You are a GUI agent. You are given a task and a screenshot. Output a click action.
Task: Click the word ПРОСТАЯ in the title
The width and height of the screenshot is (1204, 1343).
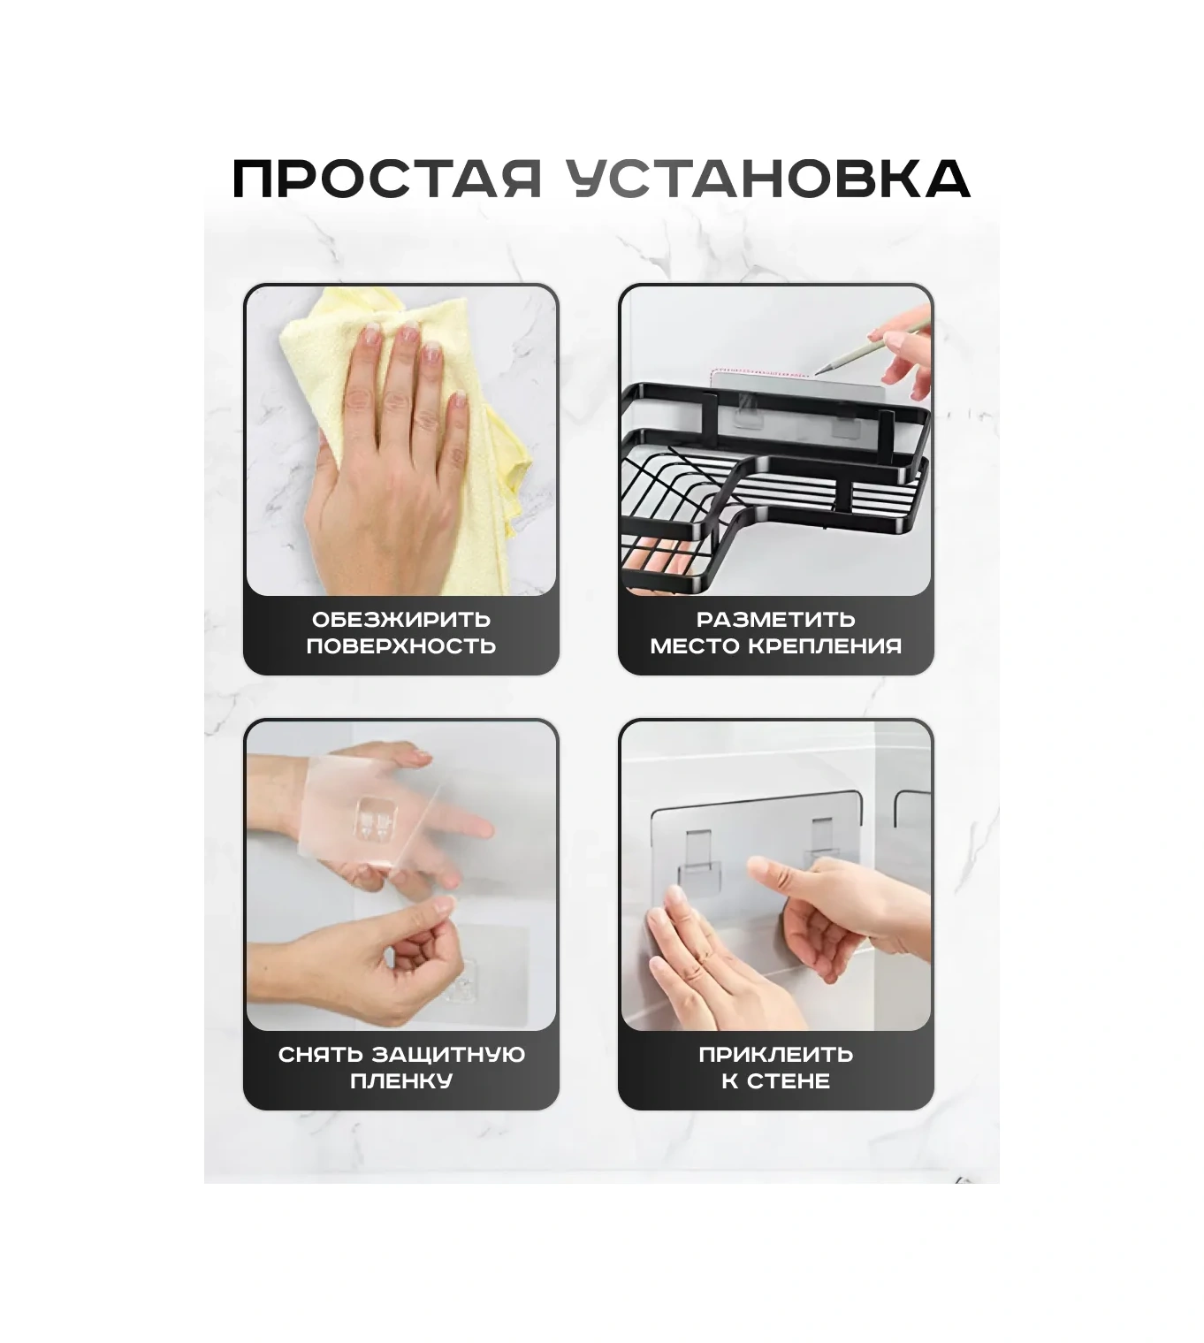[x=387, y=179]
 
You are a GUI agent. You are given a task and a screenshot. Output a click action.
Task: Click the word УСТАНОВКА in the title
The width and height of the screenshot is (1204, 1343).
[x=768, y=179]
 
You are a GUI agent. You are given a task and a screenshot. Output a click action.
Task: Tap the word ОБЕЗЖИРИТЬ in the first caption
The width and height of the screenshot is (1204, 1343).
[x=401, y=619]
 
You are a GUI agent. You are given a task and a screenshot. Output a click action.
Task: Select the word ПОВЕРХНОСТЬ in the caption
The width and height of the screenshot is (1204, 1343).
[x=401, y=646]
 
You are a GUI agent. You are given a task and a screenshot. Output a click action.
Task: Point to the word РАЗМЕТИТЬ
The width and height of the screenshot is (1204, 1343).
[x=775, y=619]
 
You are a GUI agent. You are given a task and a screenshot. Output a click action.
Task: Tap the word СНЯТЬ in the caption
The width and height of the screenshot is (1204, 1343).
[x=320, y=1054]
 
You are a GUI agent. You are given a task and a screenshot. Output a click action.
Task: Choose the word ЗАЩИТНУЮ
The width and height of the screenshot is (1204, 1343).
[x=448, y=1054]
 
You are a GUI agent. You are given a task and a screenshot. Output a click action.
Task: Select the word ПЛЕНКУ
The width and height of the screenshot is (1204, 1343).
[x=401, y=1080]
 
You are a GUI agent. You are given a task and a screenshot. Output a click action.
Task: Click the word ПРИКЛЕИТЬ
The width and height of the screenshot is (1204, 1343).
[x=775, y=1054]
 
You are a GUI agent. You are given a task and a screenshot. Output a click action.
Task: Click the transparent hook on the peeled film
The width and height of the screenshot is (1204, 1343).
[x=377, y=819]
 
